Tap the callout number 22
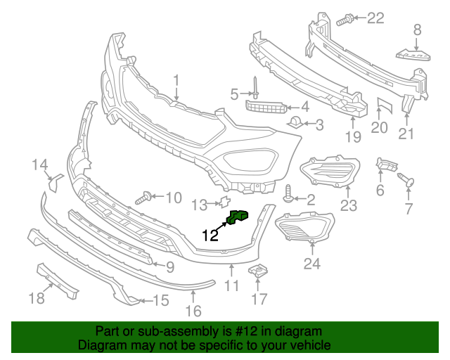(376, 18)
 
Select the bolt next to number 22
(345, 20)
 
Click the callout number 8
(417, 30)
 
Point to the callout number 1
(176, 80)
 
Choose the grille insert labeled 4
(266, 107)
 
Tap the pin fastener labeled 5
(257, 91)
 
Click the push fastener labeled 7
(406, 180)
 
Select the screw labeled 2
(289, 191)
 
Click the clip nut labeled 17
(259, 271)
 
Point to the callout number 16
(193, 310)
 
